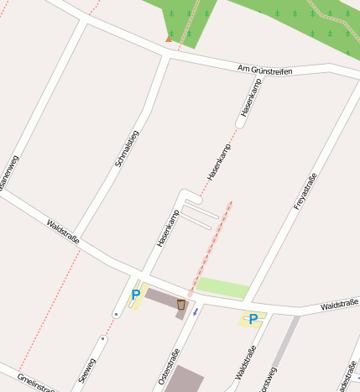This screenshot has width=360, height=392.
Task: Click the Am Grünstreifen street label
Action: (x=264, y=71)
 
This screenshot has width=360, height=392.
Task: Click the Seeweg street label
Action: (x=87, y=371)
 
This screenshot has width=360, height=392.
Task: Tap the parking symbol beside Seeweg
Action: (x=136, y=295)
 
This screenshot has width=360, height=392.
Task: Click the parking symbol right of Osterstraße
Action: (x=253, y=318)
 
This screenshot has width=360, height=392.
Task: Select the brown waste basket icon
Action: (x=181, y=304)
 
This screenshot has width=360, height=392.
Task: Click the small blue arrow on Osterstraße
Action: (x=196, y=311)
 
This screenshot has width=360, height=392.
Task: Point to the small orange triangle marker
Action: (x=169, y=38)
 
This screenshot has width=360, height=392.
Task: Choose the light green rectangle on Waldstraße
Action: (x=222, y=288)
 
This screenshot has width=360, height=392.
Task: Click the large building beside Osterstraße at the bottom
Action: (x=184, y=380)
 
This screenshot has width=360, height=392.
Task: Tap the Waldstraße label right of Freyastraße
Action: (x=339, y=305)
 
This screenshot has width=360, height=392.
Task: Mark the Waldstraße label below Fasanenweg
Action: (x=64, y=231)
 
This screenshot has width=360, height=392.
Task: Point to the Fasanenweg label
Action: (x=8, y=172)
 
